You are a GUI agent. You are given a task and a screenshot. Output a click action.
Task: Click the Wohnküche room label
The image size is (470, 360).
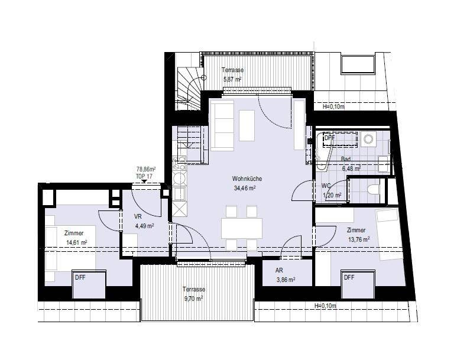tap(247, 179)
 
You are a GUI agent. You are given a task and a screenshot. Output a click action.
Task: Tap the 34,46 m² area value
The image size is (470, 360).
tap(245, 188)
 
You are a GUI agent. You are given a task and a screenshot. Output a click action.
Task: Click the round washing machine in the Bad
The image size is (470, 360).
tap(368, 139)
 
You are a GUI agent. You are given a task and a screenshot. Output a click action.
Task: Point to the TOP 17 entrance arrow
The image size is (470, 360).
tap(144, 181)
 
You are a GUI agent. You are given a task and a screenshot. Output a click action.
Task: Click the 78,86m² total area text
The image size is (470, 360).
tap(146, 169)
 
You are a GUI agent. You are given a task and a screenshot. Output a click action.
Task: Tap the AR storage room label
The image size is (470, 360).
tap(279, 270)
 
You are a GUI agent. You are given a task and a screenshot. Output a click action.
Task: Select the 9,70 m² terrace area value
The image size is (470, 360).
tap(193, 299)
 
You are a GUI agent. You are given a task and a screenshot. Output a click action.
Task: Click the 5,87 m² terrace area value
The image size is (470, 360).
tap(232, 79)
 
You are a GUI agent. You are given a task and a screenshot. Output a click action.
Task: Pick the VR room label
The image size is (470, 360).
tap(138, 216)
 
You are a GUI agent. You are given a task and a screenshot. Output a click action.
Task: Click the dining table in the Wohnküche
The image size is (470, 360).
tap(242, 228)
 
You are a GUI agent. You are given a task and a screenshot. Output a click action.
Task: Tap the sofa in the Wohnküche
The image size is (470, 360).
tap(222, 125)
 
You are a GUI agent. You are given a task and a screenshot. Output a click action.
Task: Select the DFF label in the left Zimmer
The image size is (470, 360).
tap(80, 278)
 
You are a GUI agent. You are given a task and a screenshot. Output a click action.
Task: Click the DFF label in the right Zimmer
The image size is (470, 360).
tap(349, 278)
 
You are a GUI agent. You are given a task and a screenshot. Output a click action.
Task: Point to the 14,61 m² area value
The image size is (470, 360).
tap(76, 243)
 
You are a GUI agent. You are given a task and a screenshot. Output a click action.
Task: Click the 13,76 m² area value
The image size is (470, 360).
tap(358, 239)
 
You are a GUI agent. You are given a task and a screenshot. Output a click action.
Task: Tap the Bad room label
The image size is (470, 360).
tap(346, 159)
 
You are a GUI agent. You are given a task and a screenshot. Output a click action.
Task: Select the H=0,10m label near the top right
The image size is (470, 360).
tap(333, 106)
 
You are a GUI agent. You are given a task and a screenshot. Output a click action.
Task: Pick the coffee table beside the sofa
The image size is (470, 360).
tap(247, 125)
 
